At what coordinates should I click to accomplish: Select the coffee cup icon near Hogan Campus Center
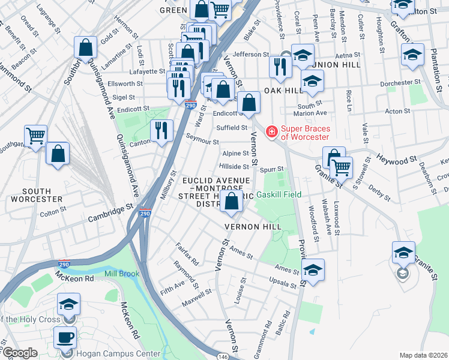click(65, 337)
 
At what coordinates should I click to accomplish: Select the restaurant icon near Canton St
click(161, 131)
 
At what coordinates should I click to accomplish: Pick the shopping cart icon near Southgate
click(36, 136)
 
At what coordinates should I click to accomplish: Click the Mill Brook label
click(122, 274)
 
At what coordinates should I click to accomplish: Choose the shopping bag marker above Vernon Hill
click(232, 202)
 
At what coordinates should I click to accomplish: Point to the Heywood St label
click(397, 159)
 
